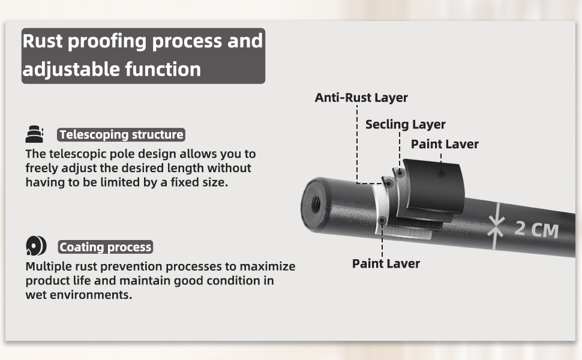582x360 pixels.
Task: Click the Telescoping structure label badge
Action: pos(121,134)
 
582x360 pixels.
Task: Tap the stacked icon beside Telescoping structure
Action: pos(35,134)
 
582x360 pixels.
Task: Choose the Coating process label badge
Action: pos(106,247)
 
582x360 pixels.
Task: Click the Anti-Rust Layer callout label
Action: pos(361,98)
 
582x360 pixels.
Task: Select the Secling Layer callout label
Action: pos(405,125)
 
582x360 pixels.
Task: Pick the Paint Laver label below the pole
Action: pos(386,263)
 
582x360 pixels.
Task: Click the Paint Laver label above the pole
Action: pos(445,144)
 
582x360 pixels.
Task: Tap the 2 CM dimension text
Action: pos(536,229)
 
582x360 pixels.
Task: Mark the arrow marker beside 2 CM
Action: pos(496,227)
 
